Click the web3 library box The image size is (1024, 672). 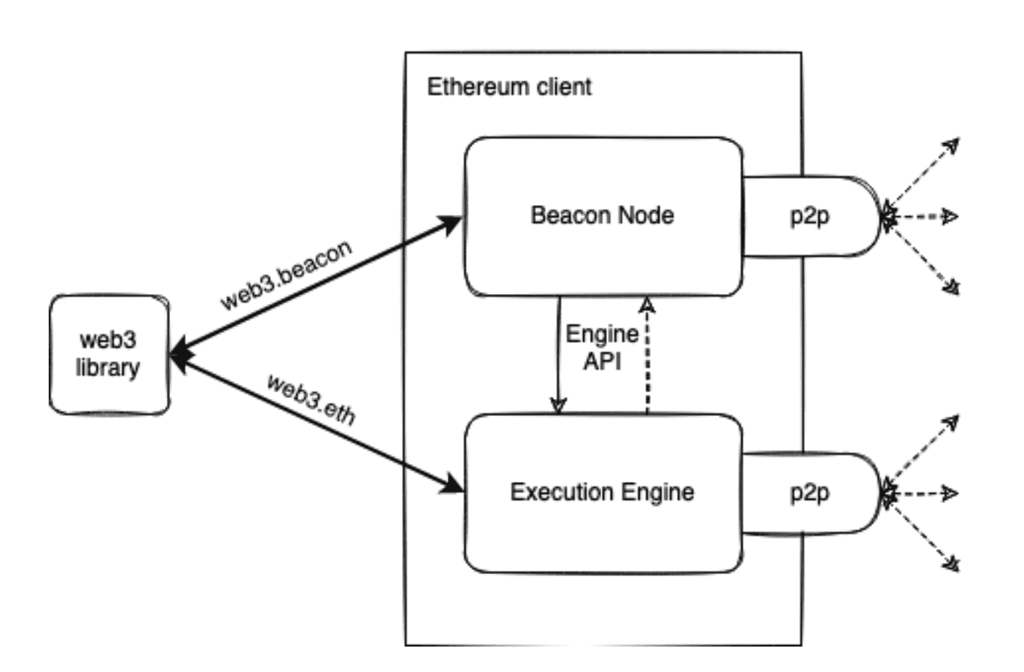(109, 354)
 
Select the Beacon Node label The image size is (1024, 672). (602, 216)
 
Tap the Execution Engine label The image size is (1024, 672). (602, 492)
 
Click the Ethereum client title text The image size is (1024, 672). (509, 87)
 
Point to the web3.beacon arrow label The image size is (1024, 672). (286, 275)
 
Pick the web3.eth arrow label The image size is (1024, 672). (311, 400)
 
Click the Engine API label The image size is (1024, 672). (602, 347)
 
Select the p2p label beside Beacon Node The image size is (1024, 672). (809, 216)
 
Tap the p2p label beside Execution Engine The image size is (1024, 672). (809, 493)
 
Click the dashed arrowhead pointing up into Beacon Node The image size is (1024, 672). (647, 304)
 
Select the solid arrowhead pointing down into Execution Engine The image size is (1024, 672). (558, 405)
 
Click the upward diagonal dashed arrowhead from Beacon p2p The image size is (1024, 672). (951, 144)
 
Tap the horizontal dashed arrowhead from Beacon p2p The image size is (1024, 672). (950, 217)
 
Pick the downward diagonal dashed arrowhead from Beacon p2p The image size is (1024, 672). (951, 287)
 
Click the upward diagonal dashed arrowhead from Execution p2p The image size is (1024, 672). (951, 422)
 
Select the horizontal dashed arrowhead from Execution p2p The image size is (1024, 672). (950, 494)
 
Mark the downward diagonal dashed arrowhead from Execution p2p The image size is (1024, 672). (951, 563)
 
